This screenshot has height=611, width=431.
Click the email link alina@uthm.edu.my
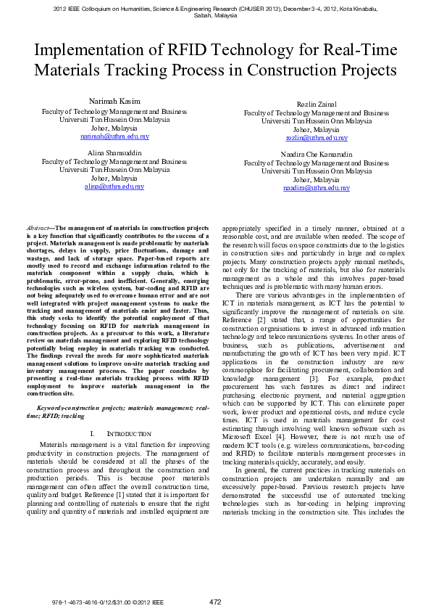tap(114, 186)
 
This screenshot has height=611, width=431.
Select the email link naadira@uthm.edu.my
tap(316, 188)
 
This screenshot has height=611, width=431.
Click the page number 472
tap(215, 602)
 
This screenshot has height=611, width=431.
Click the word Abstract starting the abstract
tap(37, 228)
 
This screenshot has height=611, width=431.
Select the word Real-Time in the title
tap(362, 51)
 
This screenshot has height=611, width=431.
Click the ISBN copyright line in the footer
tap(108, 602)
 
